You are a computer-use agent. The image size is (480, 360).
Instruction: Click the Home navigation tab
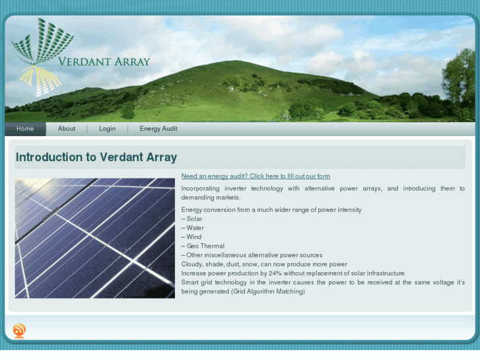pos(25,129)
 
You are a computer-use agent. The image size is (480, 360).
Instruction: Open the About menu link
pos(67,129)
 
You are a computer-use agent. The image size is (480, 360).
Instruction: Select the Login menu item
pos(108,129)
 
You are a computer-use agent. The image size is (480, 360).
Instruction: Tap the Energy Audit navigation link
pos(158,129)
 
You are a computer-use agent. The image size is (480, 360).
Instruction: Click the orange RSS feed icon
pos(19,330)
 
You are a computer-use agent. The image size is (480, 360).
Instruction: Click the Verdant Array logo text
pos(104,62)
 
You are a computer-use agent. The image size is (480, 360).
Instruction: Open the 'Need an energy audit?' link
pos(256,176)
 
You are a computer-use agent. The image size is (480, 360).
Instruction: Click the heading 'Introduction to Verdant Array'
pos(96,157)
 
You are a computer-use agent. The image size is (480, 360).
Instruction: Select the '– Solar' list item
pos(192,219)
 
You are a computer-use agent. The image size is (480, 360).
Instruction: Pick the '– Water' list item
pos(193,228)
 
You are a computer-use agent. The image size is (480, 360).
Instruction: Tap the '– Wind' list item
pos(191,237)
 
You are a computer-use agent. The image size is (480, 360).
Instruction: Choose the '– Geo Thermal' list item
pos(203,246)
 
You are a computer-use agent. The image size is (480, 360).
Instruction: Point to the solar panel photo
pos(95,238)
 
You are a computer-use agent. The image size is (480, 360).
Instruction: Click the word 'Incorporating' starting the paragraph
pos(201,188)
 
